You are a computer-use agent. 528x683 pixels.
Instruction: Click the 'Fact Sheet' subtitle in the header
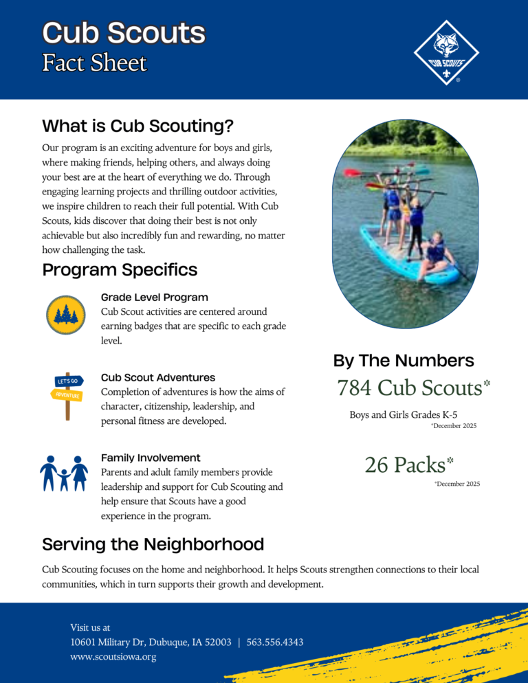coord(94,63)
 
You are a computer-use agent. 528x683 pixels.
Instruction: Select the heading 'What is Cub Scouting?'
coord(137,126)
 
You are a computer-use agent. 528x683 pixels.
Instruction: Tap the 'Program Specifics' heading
coord(120,270)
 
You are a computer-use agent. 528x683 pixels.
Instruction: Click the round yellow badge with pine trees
coord(65,315)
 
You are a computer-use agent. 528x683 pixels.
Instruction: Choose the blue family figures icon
coord(64,473)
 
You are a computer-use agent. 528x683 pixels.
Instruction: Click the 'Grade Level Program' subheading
coord(154,298)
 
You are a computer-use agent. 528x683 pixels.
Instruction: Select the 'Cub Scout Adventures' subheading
coord(158,377)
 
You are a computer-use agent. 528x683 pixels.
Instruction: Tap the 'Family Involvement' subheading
coord(151,458)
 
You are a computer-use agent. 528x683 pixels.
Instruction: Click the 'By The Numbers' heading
coord(404,361)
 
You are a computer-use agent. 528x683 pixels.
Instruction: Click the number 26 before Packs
coord(376,465)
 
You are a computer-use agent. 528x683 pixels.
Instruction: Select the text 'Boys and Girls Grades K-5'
coord(403,414)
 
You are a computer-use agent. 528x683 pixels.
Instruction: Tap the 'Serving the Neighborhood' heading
coord(153,545)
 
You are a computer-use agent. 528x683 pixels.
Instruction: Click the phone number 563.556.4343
coord(275,642)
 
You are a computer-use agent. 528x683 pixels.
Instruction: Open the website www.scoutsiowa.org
coord(113,657)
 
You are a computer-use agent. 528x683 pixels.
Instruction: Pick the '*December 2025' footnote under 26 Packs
coord(457,484)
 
